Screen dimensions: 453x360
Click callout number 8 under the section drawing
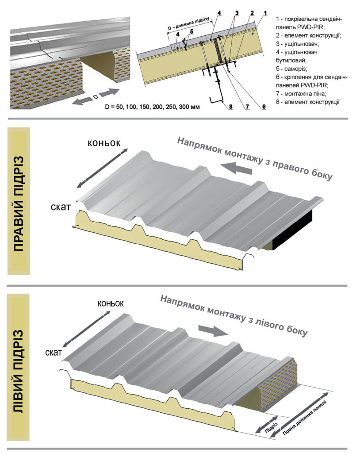(230, 106)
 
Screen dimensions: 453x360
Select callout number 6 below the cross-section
(264, 106)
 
